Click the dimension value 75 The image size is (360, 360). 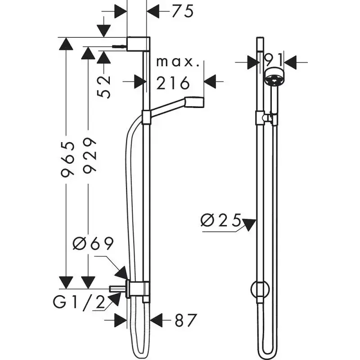tap(182, 11)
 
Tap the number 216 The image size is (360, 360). tap(173, 82)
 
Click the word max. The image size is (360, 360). tap(178, 62)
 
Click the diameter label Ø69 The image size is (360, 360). tap(93, 244)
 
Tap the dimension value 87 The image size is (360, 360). tap(186, 320)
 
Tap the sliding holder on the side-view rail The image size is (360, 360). tap(146, 118)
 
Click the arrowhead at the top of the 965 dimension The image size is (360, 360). tap(66, 45)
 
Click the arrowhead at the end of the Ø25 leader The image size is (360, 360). tap(249, 224)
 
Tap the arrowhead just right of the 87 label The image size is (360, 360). tap(156, 320)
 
